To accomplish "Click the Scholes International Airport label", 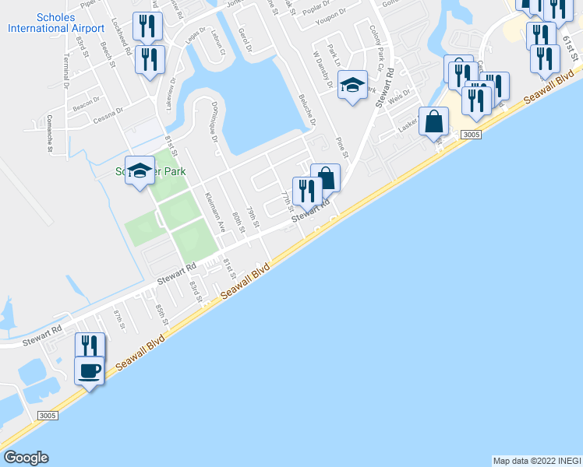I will pos(55,23).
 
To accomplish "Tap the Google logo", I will pos(26,458).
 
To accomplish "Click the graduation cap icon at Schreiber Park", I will pos(140,172).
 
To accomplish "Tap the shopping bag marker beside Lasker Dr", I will pos(433,122).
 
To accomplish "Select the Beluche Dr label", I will pos(307,111).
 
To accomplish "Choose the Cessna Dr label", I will pos(108,115).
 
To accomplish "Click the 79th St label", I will pos(251,216).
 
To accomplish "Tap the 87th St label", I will pos(118,319).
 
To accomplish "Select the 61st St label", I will pos(567,33).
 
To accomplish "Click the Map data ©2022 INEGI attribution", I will pos(536,461).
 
